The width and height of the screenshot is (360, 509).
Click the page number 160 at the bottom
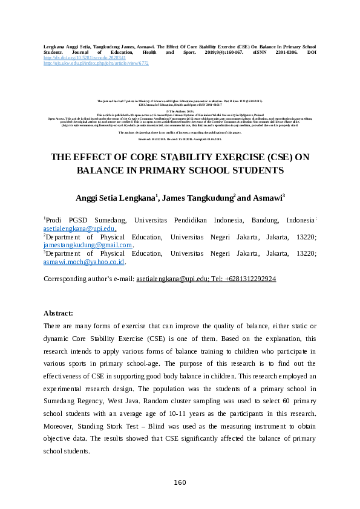pos(180,482)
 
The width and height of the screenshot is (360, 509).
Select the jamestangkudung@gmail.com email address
pos(87,245)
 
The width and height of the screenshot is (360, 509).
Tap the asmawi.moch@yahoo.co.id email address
pos(83,262)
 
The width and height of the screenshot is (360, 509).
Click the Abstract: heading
pos(58,313)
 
